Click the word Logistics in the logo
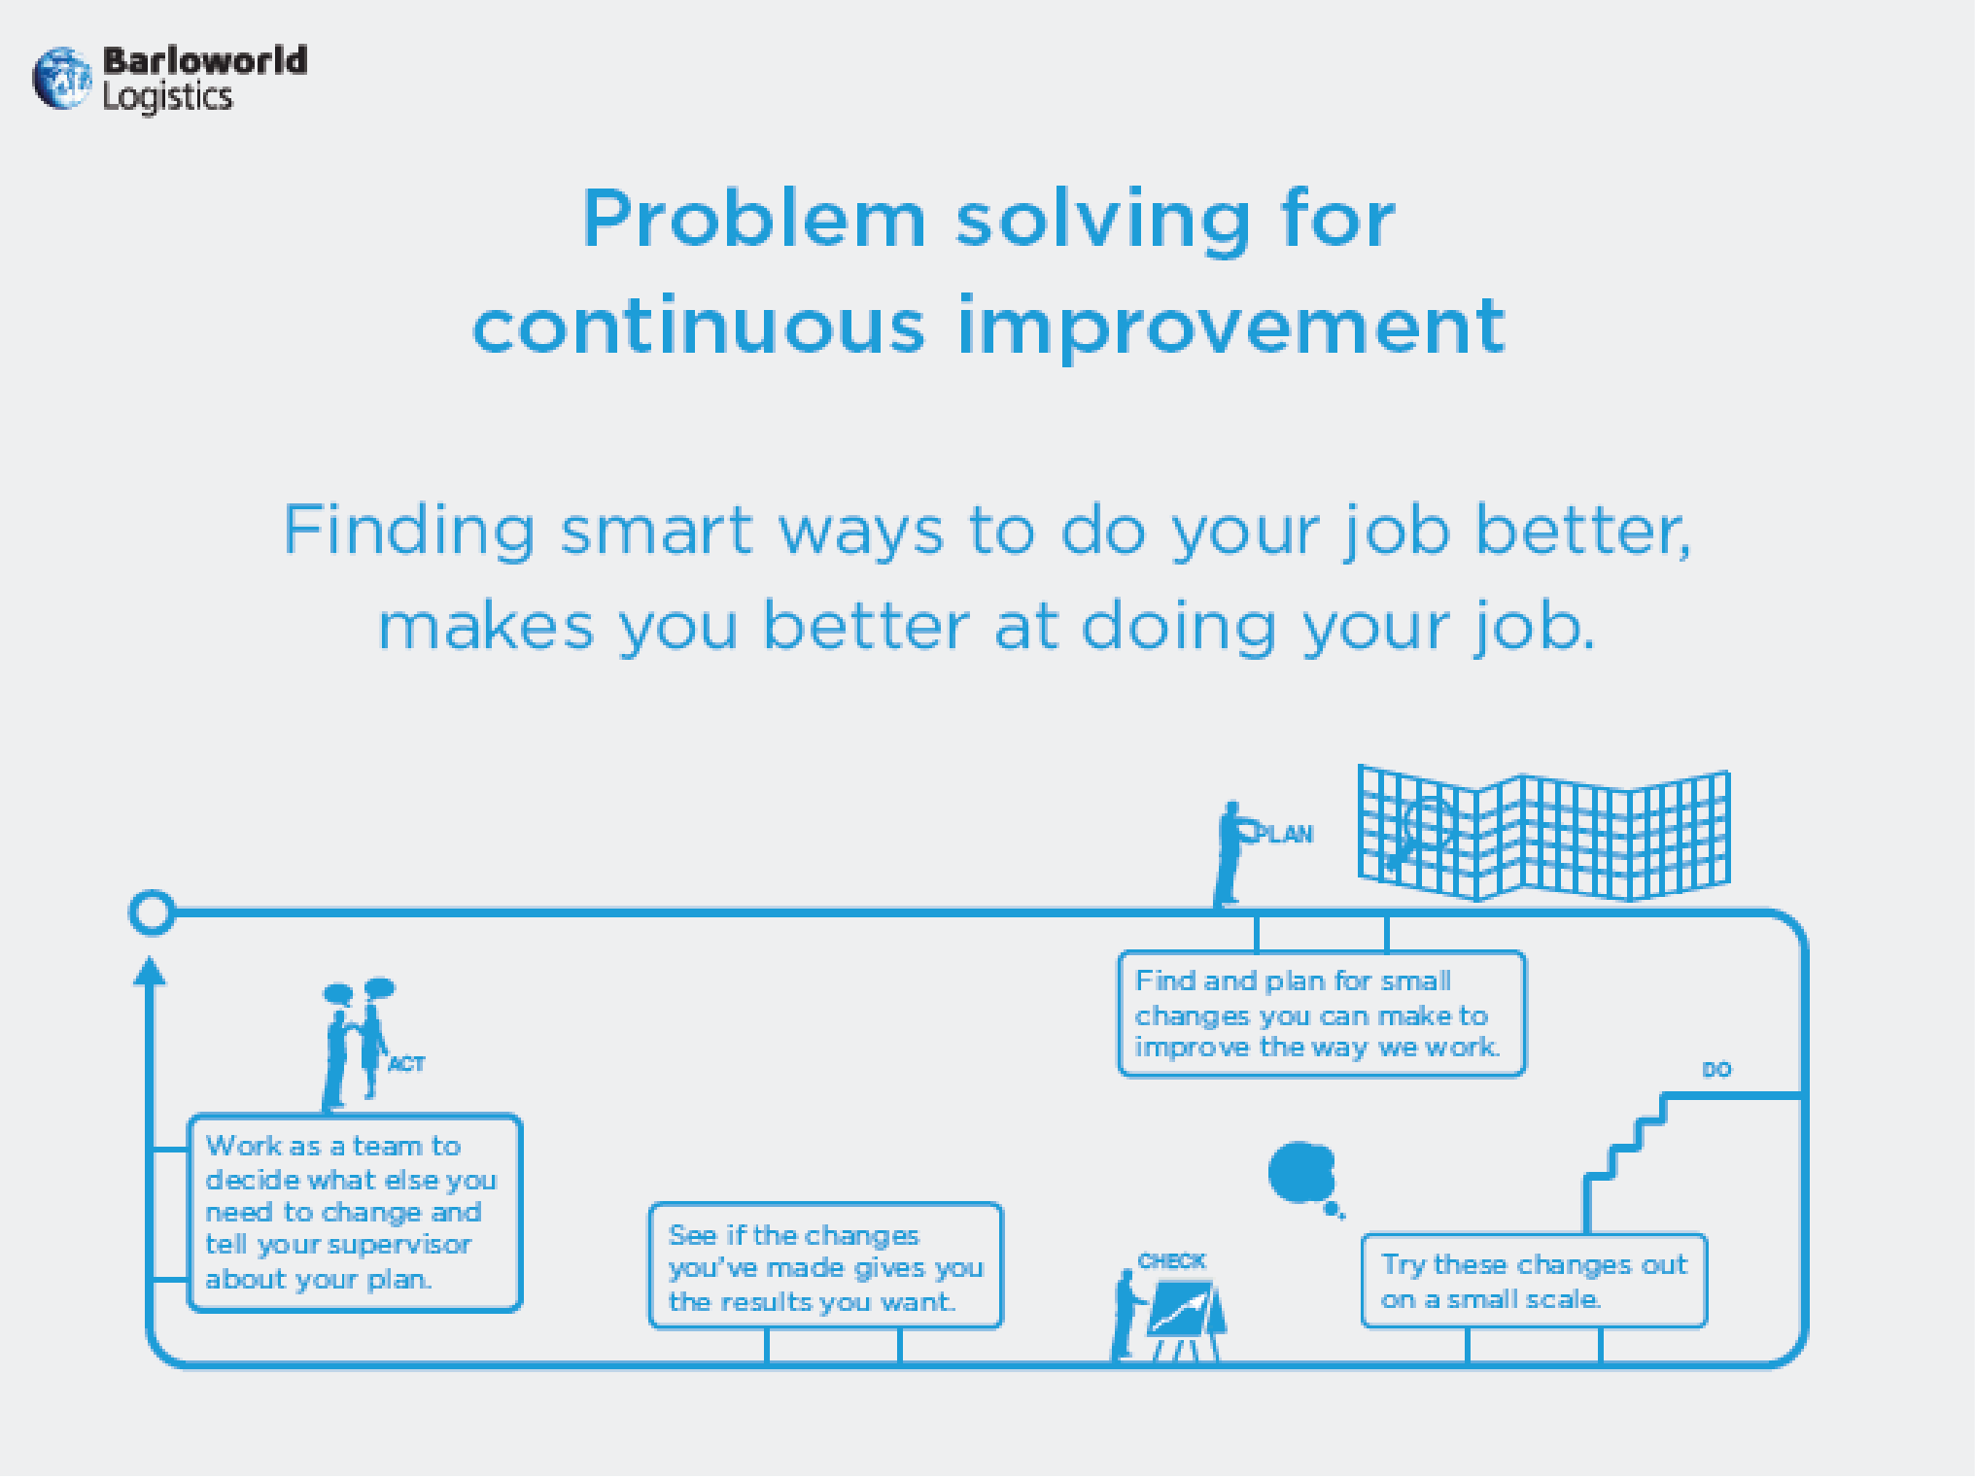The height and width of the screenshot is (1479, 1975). pos(168,97)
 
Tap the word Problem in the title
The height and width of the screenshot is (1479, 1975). pos(754,219)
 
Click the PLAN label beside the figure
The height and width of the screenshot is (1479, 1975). pos(1285,834)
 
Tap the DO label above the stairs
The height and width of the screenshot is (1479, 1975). pos(1716,1070)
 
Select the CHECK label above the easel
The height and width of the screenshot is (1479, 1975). pos(1171,1261)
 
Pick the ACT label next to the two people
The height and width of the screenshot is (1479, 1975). pos(407,1064)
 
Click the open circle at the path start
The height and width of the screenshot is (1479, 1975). pos(152,912)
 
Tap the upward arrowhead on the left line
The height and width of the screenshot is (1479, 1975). pos(150,971)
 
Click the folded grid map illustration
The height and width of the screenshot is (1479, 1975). pos(1543,834)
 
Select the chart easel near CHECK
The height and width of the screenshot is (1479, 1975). pos(1185,1320)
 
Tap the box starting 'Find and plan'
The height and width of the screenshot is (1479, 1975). pos(1322,1014)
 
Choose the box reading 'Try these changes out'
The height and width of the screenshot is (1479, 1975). pos(1534,1281)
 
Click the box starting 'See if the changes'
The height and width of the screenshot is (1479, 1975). pos(825,1266)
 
